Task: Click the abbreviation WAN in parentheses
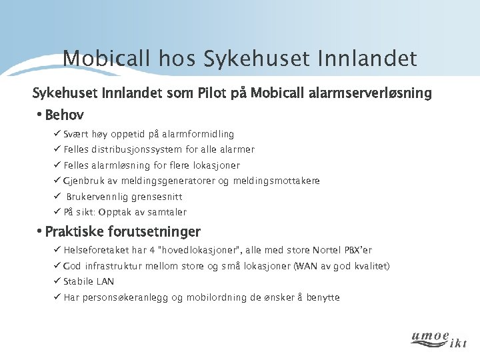287,266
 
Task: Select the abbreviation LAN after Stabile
105,281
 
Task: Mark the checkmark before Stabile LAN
57,281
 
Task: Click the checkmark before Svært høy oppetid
57,135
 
